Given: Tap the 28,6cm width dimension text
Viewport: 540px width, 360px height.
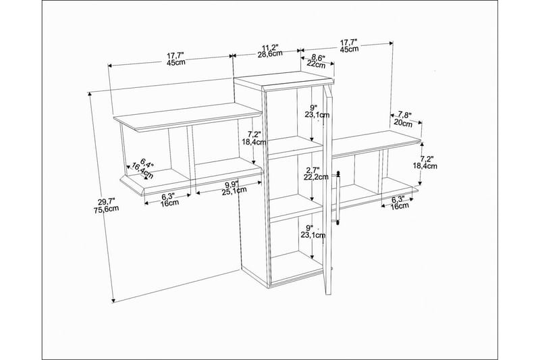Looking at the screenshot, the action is [270, 54].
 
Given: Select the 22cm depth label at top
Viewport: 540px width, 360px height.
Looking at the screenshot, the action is [316, 64].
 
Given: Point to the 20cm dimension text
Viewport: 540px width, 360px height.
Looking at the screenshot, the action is [402, 123].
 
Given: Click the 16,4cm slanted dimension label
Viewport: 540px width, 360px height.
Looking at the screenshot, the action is [142, 171].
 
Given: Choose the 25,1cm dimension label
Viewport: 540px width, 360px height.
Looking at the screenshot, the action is [234, 190].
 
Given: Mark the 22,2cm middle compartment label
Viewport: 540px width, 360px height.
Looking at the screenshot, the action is [316, 177].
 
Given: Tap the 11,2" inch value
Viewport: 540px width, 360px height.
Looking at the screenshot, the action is [270, 47].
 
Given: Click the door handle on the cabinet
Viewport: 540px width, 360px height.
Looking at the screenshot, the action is [338, 197].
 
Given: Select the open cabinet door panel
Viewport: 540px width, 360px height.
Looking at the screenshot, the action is [327, 190].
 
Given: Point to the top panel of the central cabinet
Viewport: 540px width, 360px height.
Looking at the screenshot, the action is [283, 79].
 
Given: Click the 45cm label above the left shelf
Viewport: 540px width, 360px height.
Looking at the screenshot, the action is [175, 62].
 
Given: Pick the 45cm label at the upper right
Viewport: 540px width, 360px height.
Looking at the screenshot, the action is [349, 49].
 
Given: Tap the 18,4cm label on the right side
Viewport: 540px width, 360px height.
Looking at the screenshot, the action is [425, 166].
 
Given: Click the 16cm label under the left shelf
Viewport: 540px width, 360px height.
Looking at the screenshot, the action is [169, 203].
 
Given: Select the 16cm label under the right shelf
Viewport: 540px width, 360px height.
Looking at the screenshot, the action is [400, 205].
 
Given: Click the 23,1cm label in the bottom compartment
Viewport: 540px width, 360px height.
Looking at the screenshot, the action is [313, 235].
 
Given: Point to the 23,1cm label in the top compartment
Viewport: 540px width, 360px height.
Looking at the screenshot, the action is [317, 114].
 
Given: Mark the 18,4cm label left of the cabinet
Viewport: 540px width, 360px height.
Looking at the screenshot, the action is [254, 141].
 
